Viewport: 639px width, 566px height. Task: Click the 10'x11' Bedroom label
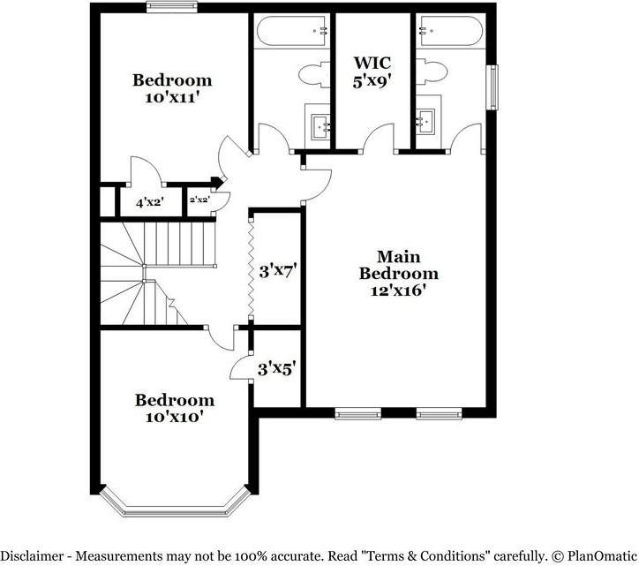click(x=172, y=89)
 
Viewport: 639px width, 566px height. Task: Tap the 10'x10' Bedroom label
click(x=174, y=408)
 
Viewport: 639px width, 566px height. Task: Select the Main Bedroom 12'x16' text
click(x=398, y=273)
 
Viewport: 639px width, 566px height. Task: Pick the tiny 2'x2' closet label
click(x=199, y=200)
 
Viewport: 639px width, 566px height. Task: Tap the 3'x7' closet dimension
click(x=276, y=270)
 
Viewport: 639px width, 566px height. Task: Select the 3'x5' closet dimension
click(x=276, y=366)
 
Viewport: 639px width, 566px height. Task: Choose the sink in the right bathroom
click(x=428, y=120)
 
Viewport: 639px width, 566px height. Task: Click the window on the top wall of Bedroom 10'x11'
click(x=171, y=8)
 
